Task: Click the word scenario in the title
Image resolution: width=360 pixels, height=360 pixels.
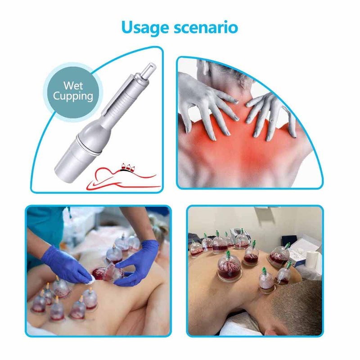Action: tap(206, 27)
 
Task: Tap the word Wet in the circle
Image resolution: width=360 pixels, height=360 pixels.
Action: tap(73, 85)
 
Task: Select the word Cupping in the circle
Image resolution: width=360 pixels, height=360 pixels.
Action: tap(73, 96)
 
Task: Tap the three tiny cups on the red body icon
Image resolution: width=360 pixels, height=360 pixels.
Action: tap(128, 167)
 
